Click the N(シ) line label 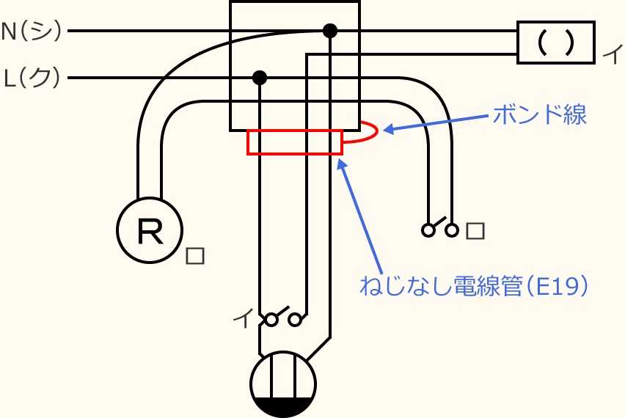(32, 31)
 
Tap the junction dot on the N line (330, 31)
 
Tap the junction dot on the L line (259, 77)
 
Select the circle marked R (149, 230)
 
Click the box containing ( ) (555, 43)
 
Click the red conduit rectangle (295, 142)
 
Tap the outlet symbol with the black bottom (282, 384)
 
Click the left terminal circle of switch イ (271, 320)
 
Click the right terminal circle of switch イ (296, 320)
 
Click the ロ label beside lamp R (194, 256)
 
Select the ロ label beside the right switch (475, 230)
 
